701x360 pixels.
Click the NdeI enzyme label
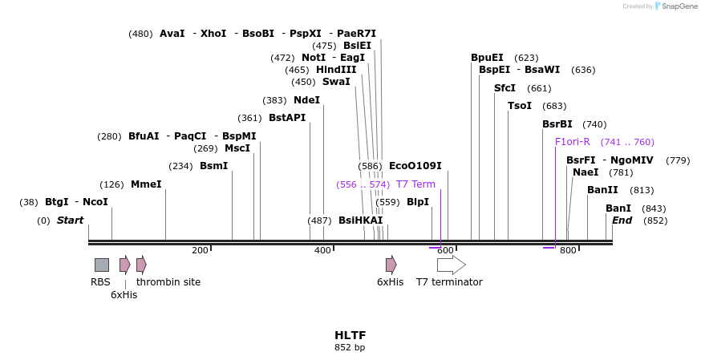click(306, 100)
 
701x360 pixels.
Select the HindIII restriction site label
click(336, 70)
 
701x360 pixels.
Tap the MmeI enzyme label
click(146, 184)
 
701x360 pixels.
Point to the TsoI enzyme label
click(520, 106)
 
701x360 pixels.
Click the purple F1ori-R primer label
click(573, 142)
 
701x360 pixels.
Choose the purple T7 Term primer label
click(415, 184)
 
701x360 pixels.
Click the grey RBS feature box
click(102, 265)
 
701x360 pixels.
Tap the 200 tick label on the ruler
click(200, 251)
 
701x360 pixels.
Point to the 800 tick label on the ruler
click(568, 251)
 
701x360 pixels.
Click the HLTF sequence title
click(350, 335)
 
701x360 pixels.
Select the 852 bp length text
click(350, 348)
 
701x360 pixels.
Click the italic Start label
click(70, 220)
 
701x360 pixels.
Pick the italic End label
click(622, 220)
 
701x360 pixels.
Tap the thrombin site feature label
click(168, 282)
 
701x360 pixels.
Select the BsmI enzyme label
click(213, 166)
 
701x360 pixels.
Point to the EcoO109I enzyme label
click(415, 166)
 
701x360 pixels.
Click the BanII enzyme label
click(602, 190)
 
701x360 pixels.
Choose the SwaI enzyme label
click(336, 82)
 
